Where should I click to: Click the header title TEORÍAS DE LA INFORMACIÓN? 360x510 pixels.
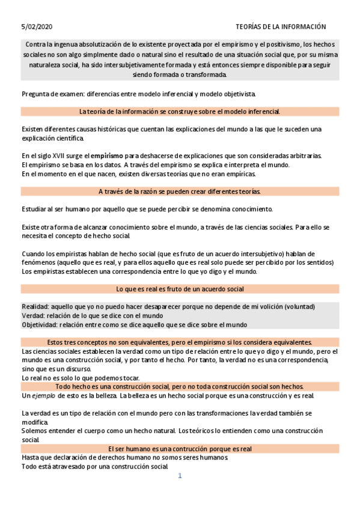click(x=281, y=26)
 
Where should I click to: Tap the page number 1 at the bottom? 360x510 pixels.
click(x=180, y=476)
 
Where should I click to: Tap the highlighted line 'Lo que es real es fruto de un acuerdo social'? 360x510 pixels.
click(x=180, y=289)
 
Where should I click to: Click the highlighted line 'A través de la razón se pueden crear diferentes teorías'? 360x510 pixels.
click(x=180, y=191)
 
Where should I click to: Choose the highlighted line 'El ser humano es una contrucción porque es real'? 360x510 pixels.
click(x=180, y=449)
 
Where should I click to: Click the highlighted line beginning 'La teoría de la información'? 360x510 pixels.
click(x=180, y=111)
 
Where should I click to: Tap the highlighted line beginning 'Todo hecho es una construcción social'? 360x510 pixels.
click(x=180, y=386)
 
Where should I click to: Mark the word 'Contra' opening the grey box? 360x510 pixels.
click(x=35, y=45)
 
